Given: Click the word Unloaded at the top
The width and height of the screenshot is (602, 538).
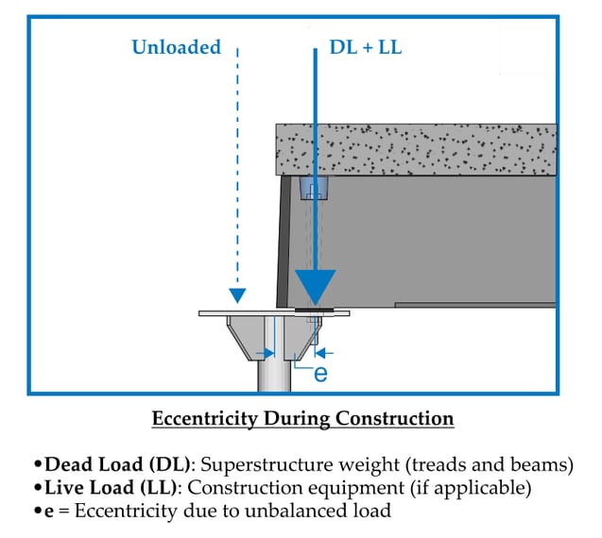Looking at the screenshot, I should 177,47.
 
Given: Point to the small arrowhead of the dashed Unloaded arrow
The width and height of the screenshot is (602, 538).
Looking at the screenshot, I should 237,295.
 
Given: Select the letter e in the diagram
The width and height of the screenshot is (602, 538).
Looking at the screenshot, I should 319,374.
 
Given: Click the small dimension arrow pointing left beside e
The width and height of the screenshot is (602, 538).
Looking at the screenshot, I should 328,353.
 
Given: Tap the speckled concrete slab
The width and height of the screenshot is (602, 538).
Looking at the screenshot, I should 416,148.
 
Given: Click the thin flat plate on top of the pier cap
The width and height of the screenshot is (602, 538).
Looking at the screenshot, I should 236,312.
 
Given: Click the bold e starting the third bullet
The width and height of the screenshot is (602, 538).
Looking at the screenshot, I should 50,513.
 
